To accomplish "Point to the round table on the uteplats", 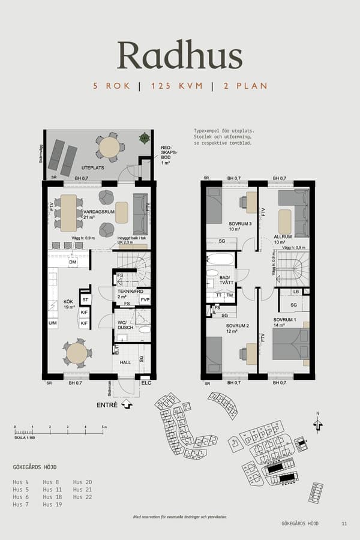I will click(x=109, y=146).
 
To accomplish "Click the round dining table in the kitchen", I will click(x=77, y=353).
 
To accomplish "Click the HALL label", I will click(x=125, y=362).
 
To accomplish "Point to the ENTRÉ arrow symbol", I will click(x=127, y=405).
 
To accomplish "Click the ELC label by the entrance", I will click(x=146, y=382).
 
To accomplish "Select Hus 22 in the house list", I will click(x=83, y=497).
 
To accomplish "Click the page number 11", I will click(x=344, y=524).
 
